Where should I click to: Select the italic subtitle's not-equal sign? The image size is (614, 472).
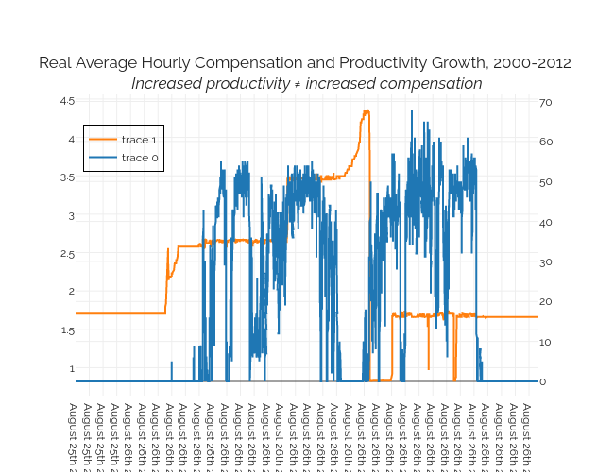(x=296, y=84)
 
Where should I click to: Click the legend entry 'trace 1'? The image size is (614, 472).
(x=139, y=140)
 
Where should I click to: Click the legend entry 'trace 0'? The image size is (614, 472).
(x=139, y=158)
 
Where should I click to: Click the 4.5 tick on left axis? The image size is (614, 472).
(x=66, y=101)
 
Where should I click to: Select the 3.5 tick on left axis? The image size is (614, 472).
(x=66, y=177)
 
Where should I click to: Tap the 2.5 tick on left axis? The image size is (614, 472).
(x=66, y=254)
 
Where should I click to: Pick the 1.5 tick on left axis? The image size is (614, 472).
(x=66, y=330)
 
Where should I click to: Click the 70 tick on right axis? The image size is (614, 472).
(x=546, y=102)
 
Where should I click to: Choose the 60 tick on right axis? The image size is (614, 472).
(x=546, y=142)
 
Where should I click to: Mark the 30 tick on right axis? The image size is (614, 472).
(x=546, y=261)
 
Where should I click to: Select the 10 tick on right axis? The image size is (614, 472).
(x=546, y=342)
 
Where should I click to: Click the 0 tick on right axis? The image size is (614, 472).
(x=543, y=381)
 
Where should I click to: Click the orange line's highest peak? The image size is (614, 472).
(x=367, y=110)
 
